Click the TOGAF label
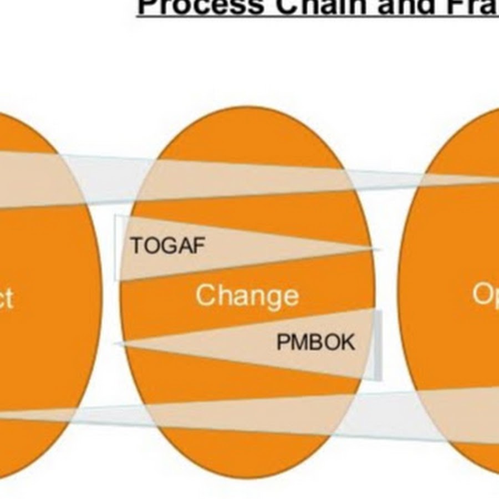pos(167,245)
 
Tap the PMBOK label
pos(315,342)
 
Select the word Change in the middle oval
pos(247,295)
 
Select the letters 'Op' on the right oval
pos(485,294)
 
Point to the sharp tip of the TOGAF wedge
pos(377,249)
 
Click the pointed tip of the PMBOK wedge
pos(118,344)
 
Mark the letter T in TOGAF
pos(136,245)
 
